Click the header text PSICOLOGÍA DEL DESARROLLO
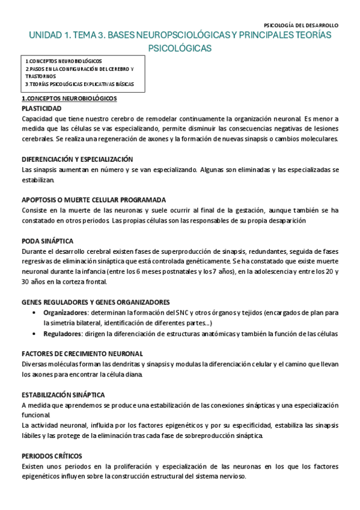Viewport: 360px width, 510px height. (301, 25)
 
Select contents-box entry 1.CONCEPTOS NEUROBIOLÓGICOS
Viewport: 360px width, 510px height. (64, 61)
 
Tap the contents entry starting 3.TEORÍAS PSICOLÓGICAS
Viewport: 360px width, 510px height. (79, 84)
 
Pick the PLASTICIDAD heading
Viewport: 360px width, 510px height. (41, 108)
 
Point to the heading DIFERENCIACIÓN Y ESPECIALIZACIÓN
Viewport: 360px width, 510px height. (77, 159)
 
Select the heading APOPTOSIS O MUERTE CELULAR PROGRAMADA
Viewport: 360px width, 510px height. (93, 200)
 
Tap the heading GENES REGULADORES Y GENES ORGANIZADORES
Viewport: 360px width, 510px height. (95, 302)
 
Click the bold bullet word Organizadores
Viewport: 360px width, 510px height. (63, 312)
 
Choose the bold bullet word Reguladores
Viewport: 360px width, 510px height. (60, 333)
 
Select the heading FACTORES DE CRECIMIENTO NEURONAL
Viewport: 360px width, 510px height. (82, 354)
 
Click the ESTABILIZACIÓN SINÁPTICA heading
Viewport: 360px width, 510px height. (63, 395)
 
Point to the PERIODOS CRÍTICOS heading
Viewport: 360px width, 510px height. (51, 456)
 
